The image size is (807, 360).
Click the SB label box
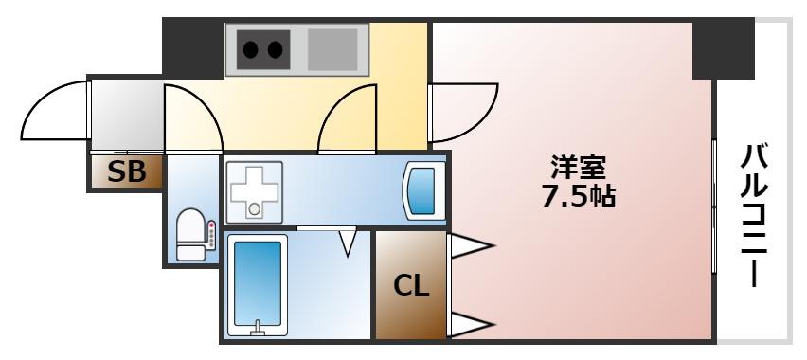pyautogui.click(x=126, y=172)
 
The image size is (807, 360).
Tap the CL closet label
pyautogui.click(x=411, y=284)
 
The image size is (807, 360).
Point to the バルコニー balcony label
pyautogui.click(x=755, y=216)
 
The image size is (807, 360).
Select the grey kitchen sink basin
pyautogui.click(x=332, y=49)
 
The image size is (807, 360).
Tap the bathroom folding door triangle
pyautogui.click(x=348, y=241)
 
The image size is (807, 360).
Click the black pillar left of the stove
pyautogui.click(x=192, y=47)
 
